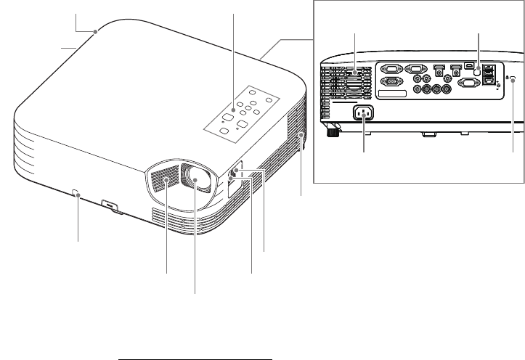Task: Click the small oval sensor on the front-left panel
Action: point(77,192)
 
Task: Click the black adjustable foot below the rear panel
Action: point(333,130)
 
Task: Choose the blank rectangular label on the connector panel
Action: point(396,96)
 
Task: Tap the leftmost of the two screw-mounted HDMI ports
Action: point(438,71)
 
